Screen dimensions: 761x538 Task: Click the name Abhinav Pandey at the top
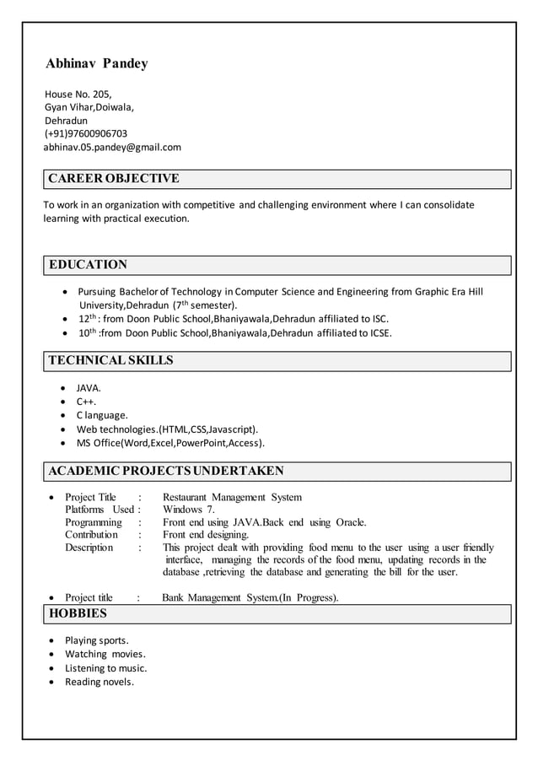click(x=96, y=64)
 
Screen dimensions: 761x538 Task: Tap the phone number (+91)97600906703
click(x=86, y=133)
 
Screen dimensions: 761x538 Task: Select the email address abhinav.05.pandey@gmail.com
click(x=112, y=147)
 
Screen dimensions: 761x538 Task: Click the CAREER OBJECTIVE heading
click(x=114, y=178)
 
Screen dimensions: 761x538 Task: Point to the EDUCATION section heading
click(x=88, y=265)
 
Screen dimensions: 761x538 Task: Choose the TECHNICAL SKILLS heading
click(x=110, y=360)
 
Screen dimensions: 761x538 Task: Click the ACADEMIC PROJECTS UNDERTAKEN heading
click(x=166, y=471)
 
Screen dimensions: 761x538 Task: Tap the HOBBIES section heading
click(x=78, y=613)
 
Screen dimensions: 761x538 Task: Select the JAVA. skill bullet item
click(x=89, y=388)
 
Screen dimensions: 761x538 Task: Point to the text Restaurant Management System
click(x=232, y=497)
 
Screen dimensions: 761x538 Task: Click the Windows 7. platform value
click(x=189, y=510)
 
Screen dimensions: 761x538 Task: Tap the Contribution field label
click(x=92, y=535)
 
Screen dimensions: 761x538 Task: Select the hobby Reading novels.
click(x=100, y=682)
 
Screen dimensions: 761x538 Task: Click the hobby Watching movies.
click(x=105, y=654)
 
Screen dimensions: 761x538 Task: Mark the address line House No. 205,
click(x=78, y=94)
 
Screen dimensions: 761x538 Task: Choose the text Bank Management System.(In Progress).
click(x=250, y=598)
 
